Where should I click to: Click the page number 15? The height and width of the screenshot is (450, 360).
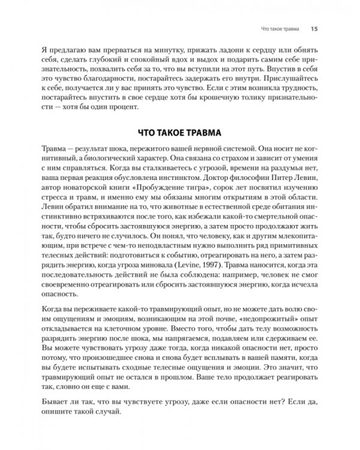[x=314, y=28]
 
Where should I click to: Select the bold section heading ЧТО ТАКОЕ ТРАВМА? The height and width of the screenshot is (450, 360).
[x=179, y=133]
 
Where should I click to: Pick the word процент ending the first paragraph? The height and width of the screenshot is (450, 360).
[x=122, y=107]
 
